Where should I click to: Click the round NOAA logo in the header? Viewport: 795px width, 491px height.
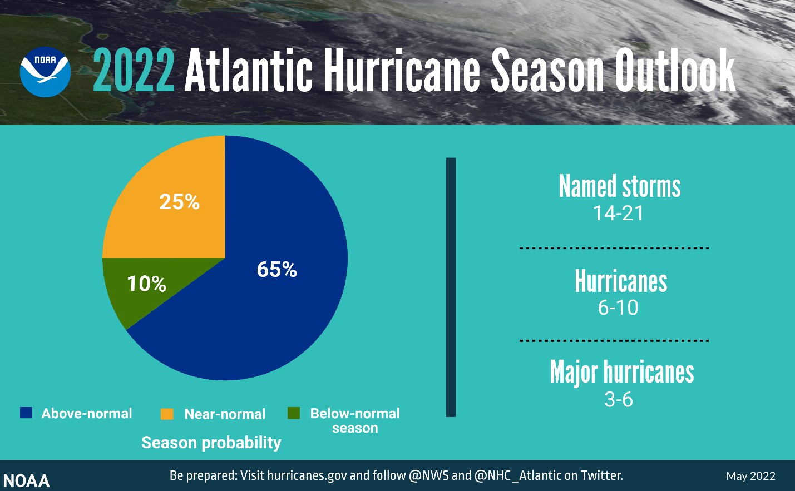[x=45, y=72]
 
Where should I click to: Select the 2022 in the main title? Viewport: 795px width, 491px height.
[x=134, y=71]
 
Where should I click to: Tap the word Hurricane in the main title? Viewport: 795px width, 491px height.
[x=402, y=71]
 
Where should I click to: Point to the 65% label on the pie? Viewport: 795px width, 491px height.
[x=276, y=270]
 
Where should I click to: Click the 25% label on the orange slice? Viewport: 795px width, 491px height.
[x=179, y=202]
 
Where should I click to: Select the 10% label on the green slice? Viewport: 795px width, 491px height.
[x=146, y=284]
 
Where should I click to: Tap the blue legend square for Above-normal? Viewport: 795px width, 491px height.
[x=26, y=413]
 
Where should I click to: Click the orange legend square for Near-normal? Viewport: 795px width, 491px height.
[x=167, y=414]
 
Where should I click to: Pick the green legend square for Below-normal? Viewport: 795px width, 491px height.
[x=294, y=413]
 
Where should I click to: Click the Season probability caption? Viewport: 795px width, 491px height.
[x=211, y=443]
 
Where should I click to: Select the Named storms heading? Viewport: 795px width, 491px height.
[x=619, y=186]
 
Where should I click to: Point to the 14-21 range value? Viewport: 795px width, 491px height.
[x=618, y=214]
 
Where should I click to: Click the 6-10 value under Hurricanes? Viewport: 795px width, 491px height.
[x=618, y=308]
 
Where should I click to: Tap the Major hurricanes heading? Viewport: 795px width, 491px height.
[x=621, y=372]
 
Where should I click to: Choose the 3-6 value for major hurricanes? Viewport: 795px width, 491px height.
[x=619, y=400]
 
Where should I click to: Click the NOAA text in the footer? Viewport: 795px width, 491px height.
[x=26, y=481]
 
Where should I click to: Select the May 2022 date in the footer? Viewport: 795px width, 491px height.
[x=750, y=476]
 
